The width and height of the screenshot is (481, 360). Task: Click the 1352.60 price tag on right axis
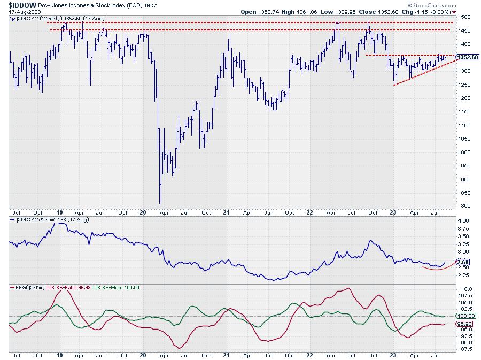coord(468,57)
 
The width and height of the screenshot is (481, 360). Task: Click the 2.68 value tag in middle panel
coord(463,262)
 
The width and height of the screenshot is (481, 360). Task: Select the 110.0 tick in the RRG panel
coord(464,289)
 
